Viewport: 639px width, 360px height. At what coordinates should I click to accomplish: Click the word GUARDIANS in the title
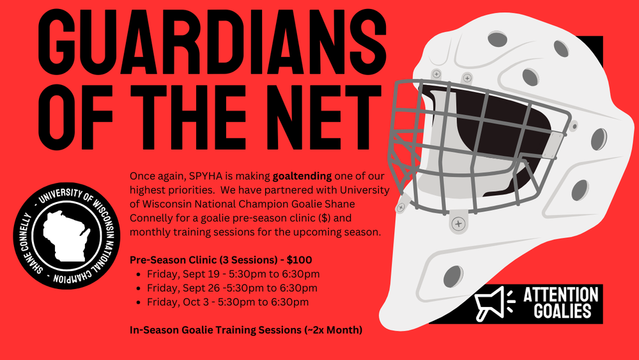coord(212,42)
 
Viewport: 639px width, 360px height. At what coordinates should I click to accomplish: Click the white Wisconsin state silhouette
coord(66,237)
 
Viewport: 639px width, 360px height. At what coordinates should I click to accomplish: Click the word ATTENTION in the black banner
coord(561,295)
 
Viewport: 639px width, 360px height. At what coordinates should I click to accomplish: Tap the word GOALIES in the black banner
coord(562,311)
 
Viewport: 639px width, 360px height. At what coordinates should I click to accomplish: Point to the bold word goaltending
coord(302,176)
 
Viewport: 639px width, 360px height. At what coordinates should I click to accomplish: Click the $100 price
coord(299,260)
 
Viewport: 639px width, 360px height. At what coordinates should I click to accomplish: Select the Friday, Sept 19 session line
coord(233,274)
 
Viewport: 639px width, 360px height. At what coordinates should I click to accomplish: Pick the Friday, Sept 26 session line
coord(232,288)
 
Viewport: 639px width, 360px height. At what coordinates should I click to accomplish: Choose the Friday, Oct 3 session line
coord(228,302)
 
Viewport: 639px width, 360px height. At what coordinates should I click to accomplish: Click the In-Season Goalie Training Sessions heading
coord(246,330)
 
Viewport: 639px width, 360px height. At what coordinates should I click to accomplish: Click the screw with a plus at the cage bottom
coord(458,224)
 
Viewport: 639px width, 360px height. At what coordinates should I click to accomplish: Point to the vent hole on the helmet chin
coord(453,276)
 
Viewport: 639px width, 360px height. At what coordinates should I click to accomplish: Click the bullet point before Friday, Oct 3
coord(139,302)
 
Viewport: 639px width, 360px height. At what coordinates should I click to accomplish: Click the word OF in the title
coord(75,117)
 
